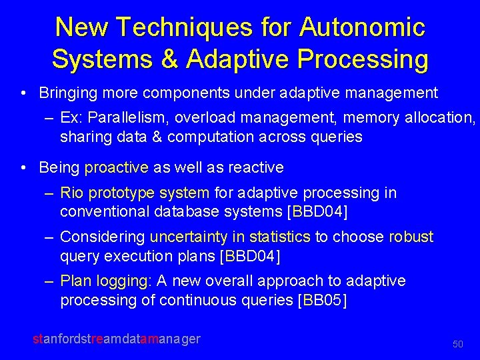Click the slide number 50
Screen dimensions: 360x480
pos(457,344)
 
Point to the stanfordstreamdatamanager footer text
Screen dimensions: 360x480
pos(117,339)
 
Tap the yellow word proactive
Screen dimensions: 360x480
pos(116,167)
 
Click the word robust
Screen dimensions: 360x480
pos(412,237)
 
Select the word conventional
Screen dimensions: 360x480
pos(101,213)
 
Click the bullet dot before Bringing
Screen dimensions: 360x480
pos(23,93)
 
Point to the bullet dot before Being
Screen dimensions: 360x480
pos(23,167)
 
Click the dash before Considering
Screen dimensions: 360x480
pos(50,237)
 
